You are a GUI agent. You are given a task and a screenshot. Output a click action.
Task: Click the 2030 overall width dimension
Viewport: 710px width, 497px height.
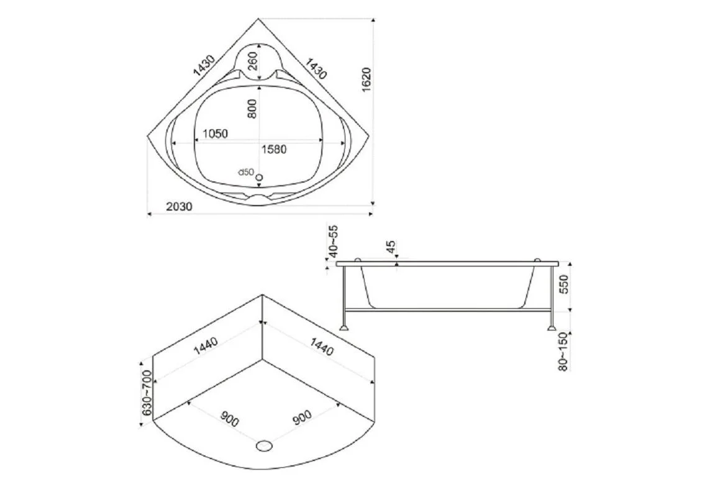[x=180, y=207]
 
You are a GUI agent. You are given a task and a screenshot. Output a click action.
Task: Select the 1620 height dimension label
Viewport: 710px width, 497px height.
[x=366, y=80]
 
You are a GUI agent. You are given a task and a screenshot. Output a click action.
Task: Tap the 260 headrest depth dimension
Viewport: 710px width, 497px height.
[x=252, y=61]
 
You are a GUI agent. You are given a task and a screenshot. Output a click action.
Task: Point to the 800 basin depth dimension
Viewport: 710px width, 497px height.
[x=252, y=109]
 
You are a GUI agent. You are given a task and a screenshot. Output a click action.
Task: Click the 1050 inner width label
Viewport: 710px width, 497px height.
[x=215, y=134]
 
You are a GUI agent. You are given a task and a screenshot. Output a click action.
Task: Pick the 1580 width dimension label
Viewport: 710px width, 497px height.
[x=274, y=149]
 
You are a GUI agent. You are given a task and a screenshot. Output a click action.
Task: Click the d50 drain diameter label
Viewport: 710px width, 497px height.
[x=246, y=172]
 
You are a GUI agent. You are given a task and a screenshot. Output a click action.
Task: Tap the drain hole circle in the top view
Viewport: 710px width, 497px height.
[x=260, y=176]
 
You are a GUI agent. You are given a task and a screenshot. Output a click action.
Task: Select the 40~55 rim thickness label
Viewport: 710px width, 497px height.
[x=334, y=241]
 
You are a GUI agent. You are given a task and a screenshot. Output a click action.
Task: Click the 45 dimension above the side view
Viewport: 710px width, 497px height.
[x=390, y=247]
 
